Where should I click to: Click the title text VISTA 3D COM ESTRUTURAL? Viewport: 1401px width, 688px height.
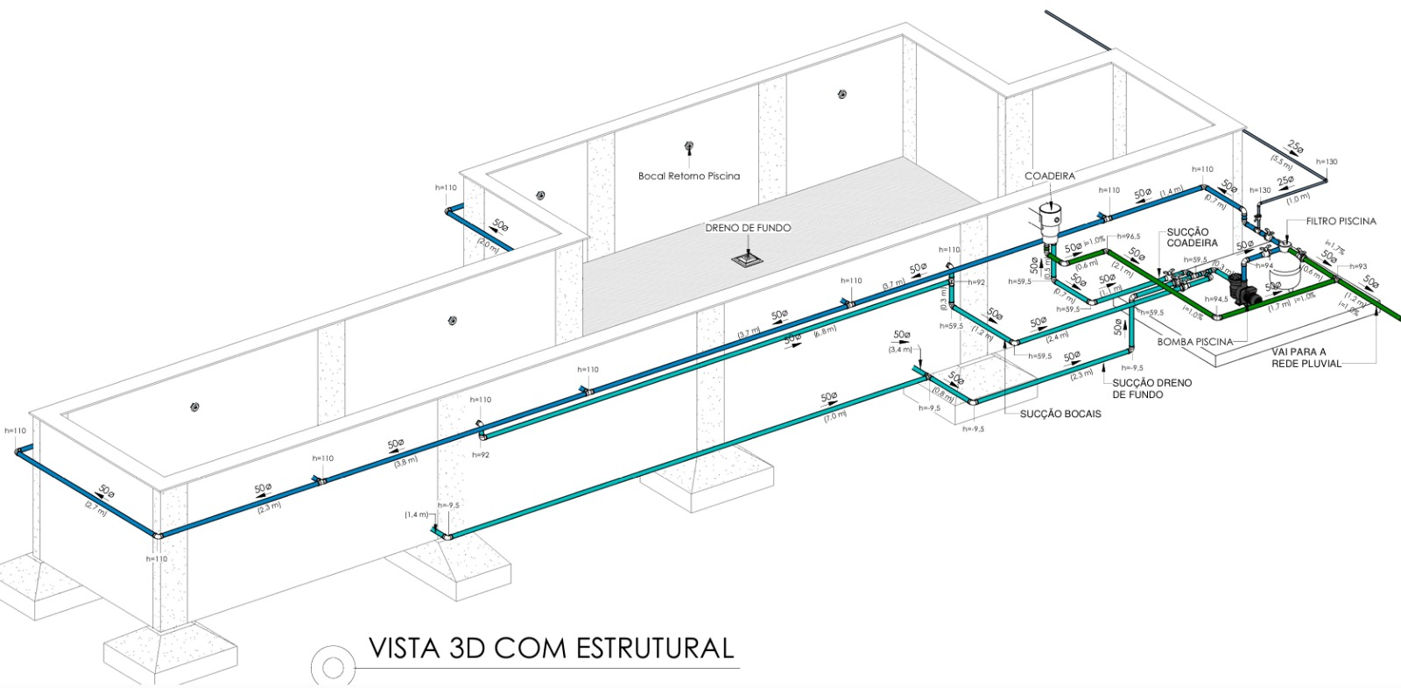point(551,649)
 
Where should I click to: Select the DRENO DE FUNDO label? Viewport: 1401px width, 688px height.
point(748,228)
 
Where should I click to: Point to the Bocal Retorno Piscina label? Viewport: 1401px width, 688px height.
point(689,176)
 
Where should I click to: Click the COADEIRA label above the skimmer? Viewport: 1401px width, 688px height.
point(1050,176)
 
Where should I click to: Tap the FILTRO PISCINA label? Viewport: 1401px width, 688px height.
point(1341,222)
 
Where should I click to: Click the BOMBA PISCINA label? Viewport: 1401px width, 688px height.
point(1194,342)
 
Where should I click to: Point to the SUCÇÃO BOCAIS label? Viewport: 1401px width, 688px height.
point(1060,414)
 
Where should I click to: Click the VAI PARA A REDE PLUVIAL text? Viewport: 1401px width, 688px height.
point(1306,358)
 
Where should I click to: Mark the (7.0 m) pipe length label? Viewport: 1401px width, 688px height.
point(834,415)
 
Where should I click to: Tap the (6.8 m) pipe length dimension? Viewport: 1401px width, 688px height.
point(825,330)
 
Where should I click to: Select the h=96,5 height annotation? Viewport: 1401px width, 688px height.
point(1128,237)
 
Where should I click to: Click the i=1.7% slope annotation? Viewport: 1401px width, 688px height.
point(1334,245)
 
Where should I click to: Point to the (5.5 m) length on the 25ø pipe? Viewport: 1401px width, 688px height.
point(1281,161)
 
